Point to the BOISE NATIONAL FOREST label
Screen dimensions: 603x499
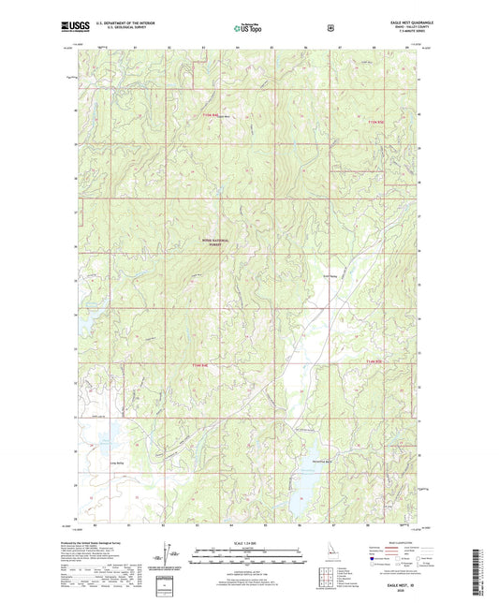[216, 242]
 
